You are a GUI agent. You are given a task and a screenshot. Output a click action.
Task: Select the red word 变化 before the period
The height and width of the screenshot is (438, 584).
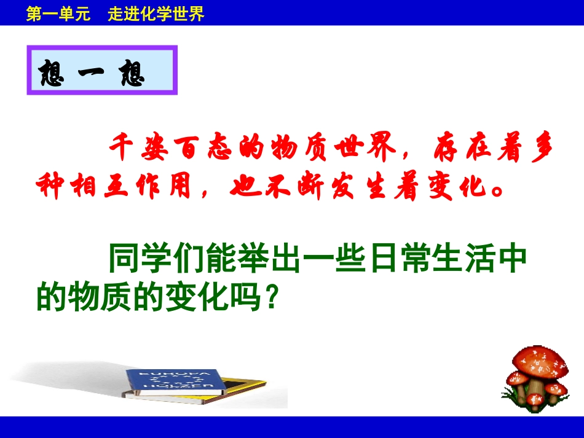tap(457, 184)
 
